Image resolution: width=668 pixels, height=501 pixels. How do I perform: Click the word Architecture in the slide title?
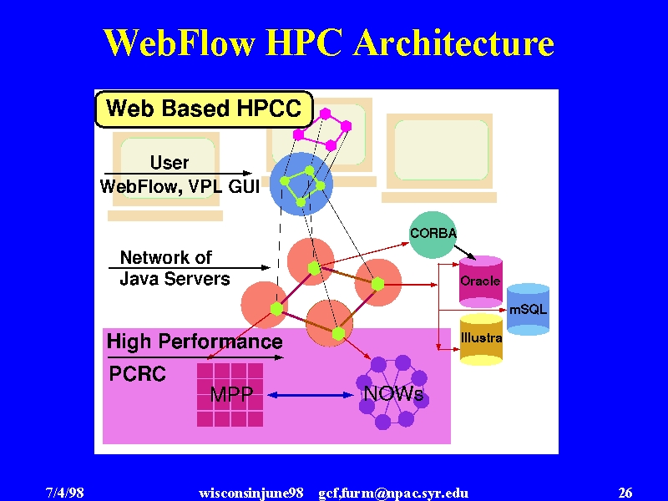coord(453,43)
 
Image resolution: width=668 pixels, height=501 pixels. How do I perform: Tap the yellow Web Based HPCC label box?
coord(204,109)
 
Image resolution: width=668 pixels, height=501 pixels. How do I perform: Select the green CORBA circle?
coord(433,235)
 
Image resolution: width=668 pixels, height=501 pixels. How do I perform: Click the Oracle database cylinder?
coord(481,281)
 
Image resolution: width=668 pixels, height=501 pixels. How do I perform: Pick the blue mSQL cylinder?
coord(528,309)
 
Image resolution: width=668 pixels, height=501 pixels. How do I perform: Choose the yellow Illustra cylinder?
coord(481,340)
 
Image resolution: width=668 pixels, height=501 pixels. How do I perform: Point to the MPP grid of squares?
coord(230,394)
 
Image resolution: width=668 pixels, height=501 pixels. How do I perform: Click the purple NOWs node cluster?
coord(392,392)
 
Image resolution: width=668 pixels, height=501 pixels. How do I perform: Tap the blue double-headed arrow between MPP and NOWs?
coord(311,395)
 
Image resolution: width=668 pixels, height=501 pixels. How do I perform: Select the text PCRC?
coord(137,374)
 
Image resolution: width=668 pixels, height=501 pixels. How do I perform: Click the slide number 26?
coord(625,493)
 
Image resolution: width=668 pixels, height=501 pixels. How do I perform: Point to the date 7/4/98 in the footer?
coord(65,493)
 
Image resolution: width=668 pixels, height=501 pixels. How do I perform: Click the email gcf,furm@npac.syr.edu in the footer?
coord(393,493)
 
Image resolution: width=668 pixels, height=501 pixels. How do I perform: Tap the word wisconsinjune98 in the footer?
coord(251,493)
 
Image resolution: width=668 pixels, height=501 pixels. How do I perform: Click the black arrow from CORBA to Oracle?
coord(465,252)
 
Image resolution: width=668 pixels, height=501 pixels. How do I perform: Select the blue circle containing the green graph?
coord(301,184)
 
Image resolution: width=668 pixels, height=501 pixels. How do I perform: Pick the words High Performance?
coord(195,342)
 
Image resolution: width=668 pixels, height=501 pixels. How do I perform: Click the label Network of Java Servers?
coord(175,268)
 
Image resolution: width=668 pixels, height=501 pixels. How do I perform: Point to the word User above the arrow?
coord(170,162)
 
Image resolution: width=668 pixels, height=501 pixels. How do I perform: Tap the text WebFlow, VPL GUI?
coord(180,186)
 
